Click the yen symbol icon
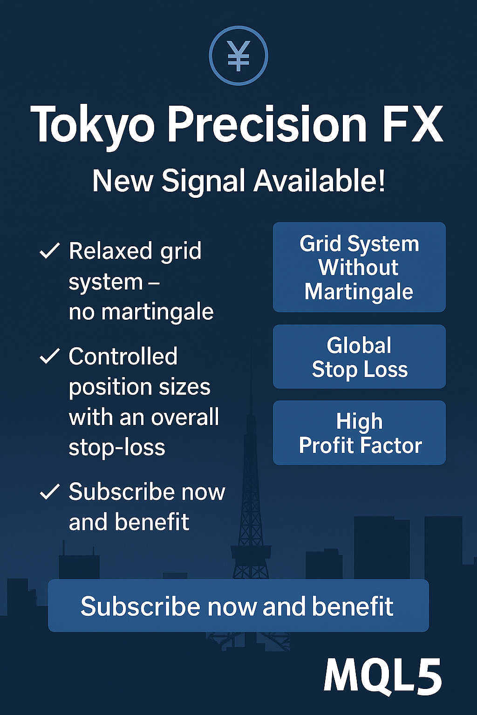238,55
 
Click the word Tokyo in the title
92,124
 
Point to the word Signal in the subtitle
204,182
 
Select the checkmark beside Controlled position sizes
49,356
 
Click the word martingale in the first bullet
157,312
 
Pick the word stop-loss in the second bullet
117,448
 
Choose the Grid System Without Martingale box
359,267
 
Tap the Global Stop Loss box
359,357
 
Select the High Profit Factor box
359,433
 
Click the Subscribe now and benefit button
238,606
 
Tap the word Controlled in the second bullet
123,356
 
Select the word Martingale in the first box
359,292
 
